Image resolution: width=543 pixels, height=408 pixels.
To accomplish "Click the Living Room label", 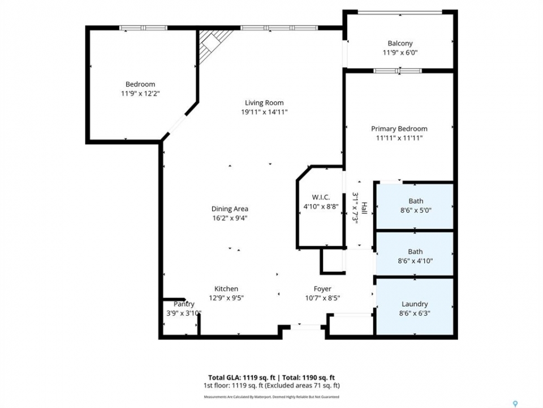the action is pos(264,103).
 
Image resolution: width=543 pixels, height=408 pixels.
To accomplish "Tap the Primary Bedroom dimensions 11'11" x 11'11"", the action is pos(399,138).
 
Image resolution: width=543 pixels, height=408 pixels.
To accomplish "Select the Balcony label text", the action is pos(400,44).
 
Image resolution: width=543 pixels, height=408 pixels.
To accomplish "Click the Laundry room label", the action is pos(415,304).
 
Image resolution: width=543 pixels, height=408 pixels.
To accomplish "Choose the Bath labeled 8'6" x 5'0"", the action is pos(416,205).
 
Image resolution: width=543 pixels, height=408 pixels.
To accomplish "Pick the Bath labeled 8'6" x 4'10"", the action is pos(415,256).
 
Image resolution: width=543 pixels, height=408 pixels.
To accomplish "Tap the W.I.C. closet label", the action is pos(321,197).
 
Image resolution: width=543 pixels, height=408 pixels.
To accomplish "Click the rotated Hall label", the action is pos(364,210).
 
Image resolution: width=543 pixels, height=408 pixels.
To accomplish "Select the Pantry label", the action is pos(184,304).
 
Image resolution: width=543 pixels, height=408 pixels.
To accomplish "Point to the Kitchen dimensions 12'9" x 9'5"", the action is pos(226,298).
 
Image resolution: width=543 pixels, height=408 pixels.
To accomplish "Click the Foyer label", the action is pos(322,289).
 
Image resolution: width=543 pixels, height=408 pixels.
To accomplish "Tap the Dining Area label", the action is pos(230,209).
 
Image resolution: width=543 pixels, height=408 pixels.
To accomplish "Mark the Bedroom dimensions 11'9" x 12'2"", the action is pos(140,93).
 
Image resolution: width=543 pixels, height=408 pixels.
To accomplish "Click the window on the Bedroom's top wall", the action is pos(143,28).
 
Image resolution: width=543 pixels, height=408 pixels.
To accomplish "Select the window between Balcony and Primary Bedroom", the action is pos(398,71).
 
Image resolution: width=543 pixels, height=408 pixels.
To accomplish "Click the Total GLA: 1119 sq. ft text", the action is pos(242,378).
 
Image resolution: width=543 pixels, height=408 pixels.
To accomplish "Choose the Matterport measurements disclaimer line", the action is pos(271,397).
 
